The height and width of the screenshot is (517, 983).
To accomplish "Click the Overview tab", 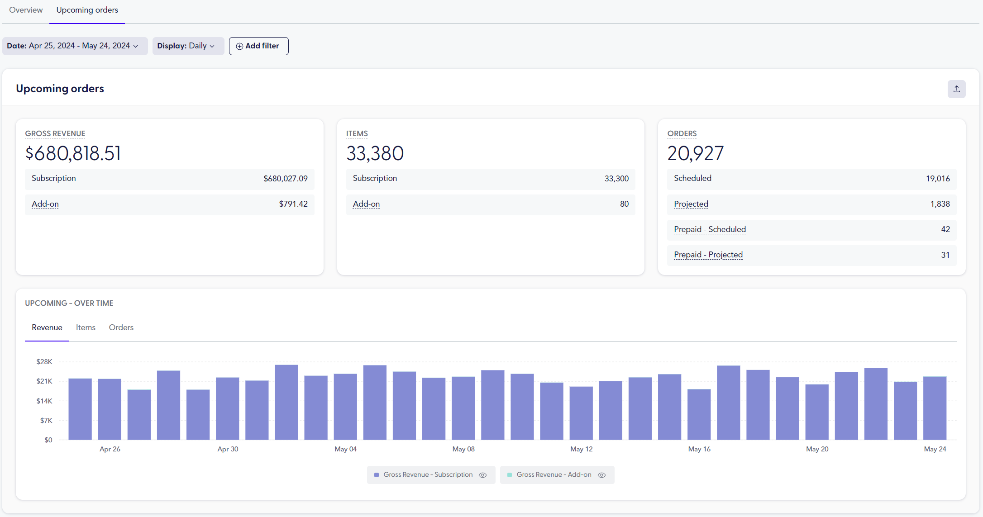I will (26, 10).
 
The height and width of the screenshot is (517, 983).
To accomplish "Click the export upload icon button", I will (956, 89).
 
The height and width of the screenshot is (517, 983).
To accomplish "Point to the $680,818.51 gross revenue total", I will (73, 153).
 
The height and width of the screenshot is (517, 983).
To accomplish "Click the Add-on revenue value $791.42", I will (293, 204).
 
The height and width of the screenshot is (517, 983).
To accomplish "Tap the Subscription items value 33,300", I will (616, 179).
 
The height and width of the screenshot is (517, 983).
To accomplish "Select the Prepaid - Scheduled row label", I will (710, 229).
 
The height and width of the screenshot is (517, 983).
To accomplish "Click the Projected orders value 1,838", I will (940, 204).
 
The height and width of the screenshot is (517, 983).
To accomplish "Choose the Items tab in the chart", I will (86, 327).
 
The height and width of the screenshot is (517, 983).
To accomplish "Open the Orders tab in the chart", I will (121, 327).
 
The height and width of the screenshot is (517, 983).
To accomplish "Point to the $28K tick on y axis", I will (44, 362).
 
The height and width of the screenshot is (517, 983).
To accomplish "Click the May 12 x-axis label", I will (581, 449).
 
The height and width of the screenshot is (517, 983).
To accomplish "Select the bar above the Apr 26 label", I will (110, 409).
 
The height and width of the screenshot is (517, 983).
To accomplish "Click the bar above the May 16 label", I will (699, 414).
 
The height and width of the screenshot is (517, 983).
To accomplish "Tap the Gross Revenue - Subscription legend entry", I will (428, 475).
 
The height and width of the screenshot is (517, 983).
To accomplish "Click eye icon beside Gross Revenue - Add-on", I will (601, 475).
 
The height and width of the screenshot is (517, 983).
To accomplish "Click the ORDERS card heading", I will (682, 134).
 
